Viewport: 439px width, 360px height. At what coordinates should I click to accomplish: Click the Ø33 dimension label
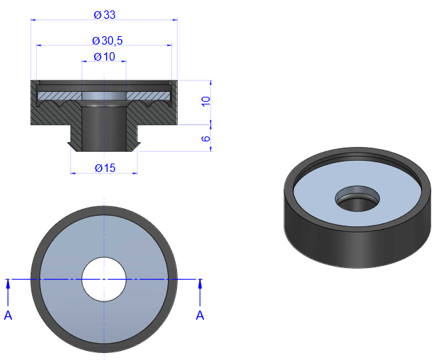coord(105,15)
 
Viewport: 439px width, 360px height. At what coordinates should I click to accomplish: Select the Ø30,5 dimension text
coord(107,41)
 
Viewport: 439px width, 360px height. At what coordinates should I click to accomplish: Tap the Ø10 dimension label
coord(105,57)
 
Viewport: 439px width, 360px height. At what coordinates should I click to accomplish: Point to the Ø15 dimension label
coord(105,168)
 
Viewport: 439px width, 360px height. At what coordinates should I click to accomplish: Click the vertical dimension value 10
coord(206,101)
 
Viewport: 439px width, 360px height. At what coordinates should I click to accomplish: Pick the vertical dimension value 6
coord(206,139)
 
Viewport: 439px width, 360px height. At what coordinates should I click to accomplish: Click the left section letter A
coord(8,315)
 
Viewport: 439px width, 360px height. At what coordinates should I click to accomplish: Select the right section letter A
coord(200,315)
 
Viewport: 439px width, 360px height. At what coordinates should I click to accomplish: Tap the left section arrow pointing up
coord(8,292)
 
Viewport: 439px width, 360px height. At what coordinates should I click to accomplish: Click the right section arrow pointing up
coord(200,292)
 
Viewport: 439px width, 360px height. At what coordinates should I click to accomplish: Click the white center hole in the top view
coord(104,279)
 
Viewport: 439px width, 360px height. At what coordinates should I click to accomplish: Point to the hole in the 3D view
coord(357,198)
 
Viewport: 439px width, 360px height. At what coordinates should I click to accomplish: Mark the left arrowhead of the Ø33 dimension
coord(33,20)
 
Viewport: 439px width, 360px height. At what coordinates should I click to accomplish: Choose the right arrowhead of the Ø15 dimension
coord(134,173)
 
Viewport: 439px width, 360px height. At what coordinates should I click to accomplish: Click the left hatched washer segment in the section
coord(60,96)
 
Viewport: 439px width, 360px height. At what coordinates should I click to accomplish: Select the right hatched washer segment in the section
coord(148,96)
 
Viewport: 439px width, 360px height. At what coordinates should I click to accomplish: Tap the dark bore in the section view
coord(104,128)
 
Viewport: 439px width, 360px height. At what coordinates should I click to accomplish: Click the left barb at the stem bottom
coord(71,146)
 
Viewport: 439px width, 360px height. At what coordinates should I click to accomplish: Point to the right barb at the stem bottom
coord(137,146)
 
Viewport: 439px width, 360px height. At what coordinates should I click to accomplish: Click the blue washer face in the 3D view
coord(357,193)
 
